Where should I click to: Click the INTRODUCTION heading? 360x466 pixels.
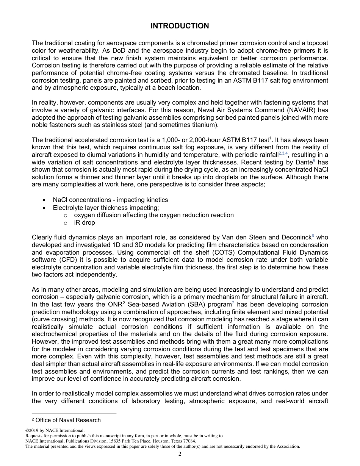[180, 26]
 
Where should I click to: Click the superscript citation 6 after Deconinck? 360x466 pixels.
[313, 236]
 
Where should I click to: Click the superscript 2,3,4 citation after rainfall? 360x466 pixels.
[283, 153]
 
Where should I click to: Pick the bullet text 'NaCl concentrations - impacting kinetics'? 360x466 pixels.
[110, 200]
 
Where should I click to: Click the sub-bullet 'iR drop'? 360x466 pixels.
[84, 223]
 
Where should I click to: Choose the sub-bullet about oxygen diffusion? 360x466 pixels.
[153, 215]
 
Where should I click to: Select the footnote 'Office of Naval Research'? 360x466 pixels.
[68, 420]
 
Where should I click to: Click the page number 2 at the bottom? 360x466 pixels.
[180, 454]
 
